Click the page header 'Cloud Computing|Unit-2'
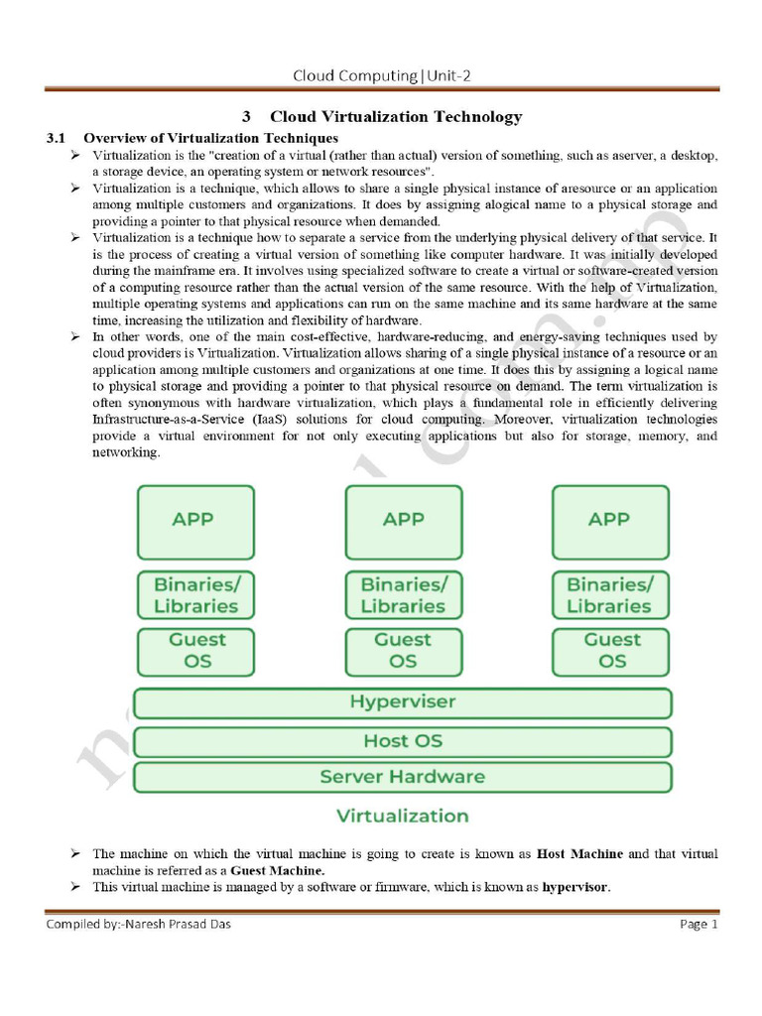tap(388, 75)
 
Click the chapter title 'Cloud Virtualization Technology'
tap(395, 116)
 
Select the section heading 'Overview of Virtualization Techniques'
tap(210, 137)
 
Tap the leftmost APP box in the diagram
tap(194, 521)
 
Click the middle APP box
tap(403, 521)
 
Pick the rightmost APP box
tap(609, 521)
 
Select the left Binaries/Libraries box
tap(194, 594)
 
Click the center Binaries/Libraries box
tap(403, 594)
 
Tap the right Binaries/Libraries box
tap(609, 594)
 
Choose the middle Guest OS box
tap(403, 650)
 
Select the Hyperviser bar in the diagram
tap(402, 702)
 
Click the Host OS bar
tap(402, 741)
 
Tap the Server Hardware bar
tap(402, 777)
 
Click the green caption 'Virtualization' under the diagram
tap(402, 817)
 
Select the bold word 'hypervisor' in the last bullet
tap(575, 887)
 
